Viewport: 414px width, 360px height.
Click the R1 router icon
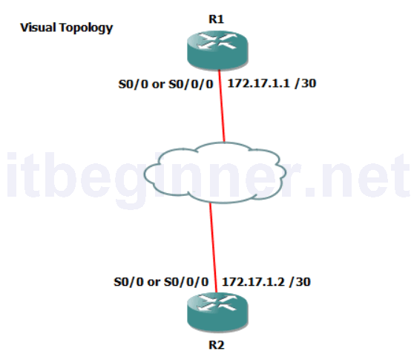[217, 50]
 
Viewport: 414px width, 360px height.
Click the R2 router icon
[217, 312]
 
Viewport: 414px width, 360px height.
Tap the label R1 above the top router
[216, 19]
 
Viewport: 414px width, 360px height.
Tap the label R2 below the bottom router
[216, 345]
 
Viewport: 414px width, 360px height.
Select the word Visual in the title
[38, 27]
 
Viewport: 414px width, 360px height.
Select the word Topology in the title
[86, 28]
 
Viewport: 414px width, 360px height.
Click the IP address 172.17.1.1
[258, 83]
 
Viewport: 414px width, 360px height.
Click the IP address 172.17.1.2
[253, 282]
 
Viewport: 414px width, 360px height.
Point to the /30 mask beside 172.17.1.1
[306, 83]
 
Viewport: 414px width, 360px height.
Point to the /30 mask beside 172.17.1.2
[300, 282]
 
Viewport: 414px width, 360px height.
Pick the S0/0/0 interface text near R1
[191, 84]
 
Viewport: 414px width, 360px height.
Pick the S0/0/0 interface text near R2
[186, 282]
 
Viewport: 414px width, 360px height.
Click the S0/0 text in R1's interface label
[134, 84]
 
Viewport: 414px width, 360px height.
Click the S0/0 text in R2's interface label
[128, 282]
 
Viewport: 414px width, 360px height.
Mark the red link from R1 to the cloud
[222, 106]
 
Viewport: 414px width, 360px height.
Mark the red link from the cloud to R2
[214, 247]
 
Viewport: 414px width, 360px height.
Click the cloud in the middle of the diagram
[214, 172]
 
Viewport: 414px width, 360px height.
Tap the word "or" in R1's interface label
[159, 85]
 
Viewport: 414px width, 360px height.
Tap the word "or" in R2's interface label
[154, 282]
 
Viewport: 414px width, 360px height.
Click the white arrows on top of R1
[217, 41]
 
